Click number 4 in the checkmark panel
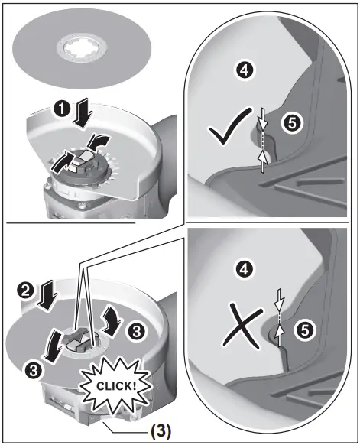click(x=244, y=71)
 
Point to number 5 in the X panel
click(x=304, y=330)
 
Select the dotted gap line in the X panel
click(x=278, y=315)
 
